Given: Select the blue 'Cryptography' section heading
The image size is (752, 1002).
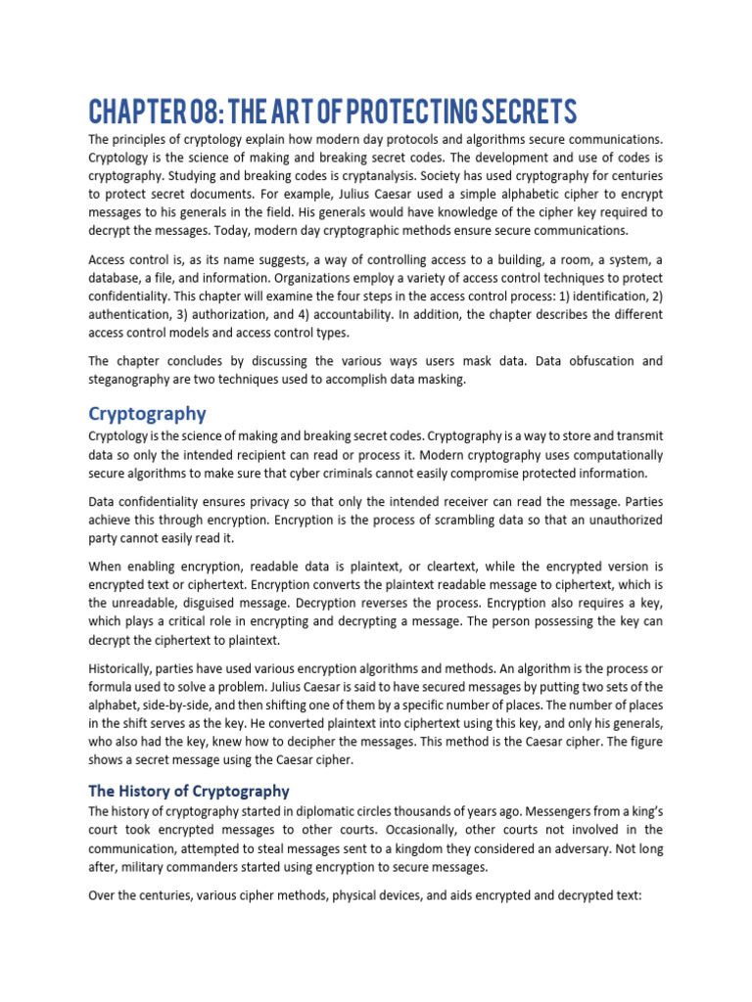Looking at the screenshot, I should pos(147,414).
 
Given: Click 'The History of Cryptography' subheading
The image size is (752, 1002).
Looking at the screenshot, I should pos(189,791).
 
